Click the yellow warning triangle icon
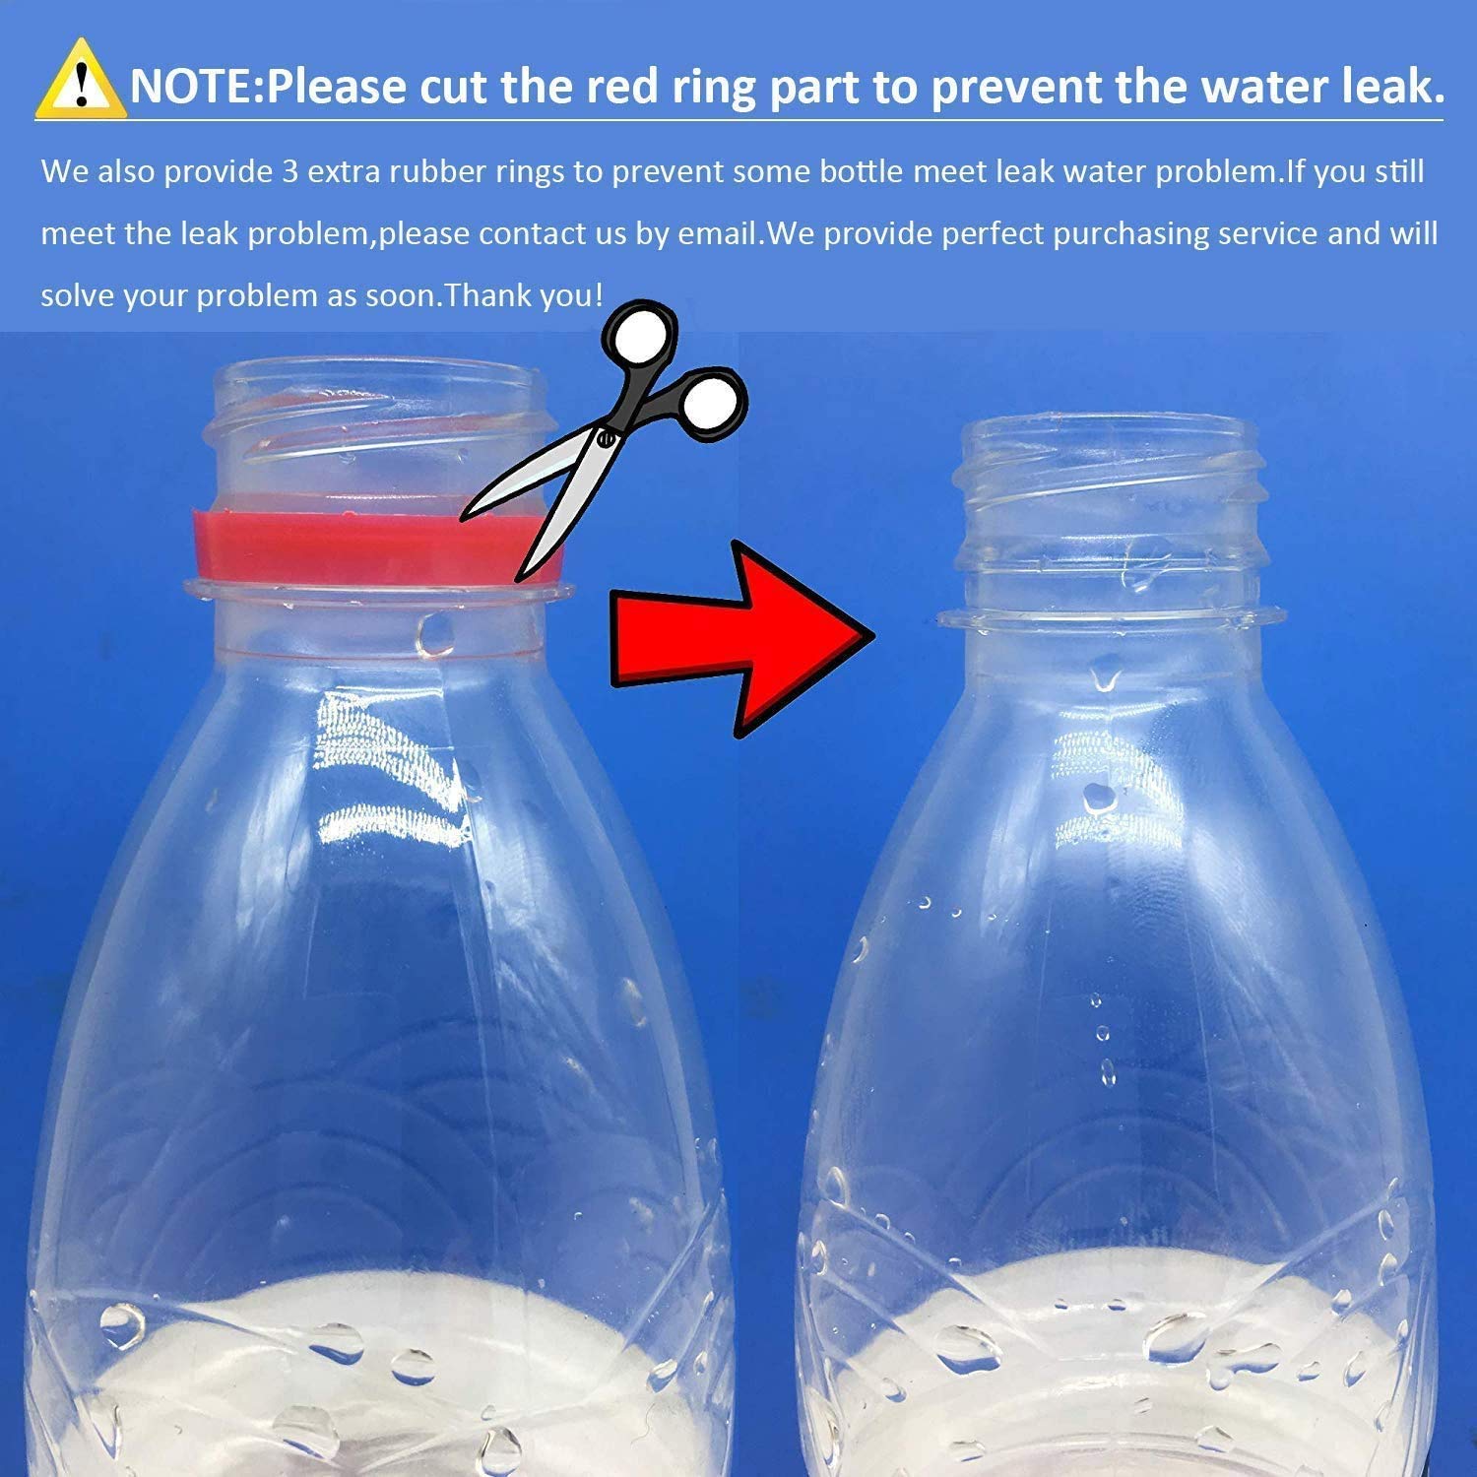[x=81, y=81]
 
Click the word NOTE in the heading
[x=191, y=86]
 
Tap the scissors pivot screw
[x=606, y=438]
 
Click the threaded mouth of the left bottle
[x=374, y=423]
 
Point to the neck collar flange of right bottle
[x=1110, y=618]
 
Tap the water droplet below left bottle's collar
[x=434, y=635]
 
